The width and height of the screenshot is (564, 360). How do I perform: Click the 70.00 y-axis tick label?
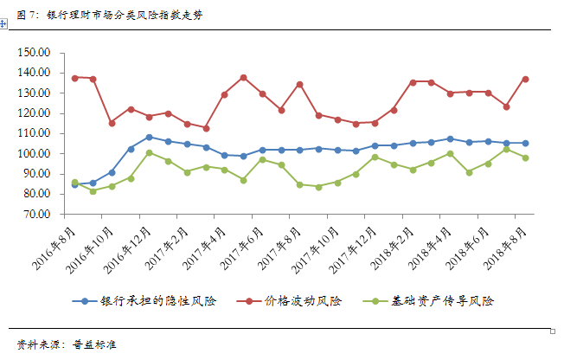(36, 214)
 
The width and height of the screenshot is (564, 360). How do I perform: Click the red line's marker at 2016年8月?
(74, 78)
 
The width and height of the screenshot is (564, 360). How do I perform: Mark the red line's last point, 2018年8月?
(525, 79)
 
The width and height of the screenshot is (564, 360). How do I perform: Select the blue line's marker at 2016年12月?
(150, 137)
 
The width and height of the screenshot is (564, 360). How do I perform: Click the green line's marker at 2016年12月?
(150, 153)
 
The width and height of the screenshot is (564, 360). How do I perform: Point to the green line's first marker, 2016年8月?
(74, 183)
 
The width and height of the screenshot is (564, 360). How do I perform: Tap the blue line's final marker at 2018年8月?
(525, 143)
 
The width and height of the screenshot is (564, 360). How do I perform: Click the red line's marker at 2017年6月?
(243, 77)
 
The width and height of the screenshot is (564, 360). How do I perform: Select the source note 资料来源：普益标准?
(67, 344)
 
